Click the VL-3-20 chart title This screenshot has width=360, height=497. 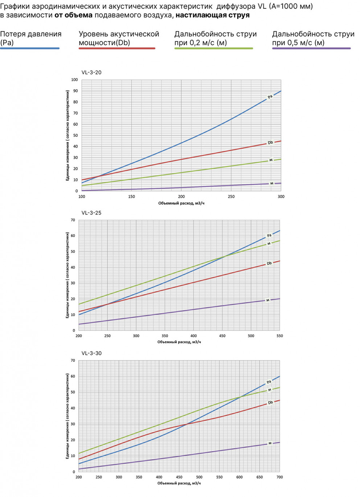click(91, 73)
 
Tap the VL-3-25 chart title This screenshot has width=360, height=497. click(91, 213)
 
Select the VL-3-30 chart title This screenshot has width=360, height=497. click(91, 353)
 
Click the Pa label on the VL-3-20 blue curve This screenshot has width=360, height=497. click(270, 97)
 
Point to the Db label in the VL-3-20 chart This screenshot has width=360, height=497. click(270, 143)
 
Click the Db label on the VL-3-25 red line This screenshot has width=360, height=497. click(269, 263)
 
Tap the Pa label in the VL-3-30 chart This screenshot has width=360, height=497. click(269, 382)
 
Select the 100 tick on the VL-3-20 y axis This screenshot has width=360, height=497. click(74, 80)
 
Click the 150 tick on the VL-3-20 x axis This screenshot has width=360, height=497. click(131, 197)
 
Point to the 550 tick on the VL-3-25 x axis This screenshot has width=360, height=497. click(279, 336)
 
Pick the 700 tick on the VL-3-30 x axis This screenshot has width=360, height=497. click(279, 477)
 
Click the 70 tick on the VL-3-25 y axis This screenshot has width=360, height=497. click(73, 220)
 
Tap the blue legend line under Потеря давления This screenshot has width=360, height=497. click(30, 48)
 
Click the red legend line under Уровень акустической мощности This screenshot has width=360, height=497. click(117, 48)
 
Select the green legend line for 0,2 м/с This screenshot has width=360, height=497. click(213, 48)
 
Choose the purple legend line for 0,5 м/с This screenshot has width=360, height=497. click(311, 48)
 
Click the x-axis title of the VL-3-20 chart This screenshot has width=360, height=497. click(181, 203)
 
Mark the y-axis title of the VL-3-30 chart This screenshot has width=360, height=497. click(67, 416)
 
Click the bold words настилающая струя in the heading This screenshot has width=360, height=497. click(213, 15)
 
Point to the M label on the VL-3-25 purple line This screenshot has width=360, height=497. click(268, 300)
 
